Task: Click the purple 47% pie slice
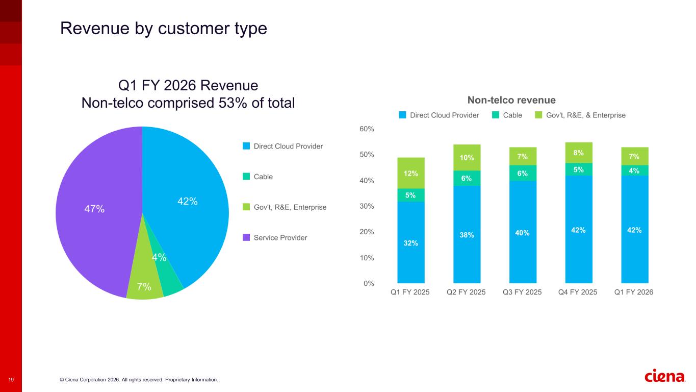(x=94, y=209)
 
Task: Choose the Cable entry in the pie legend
(x=263, y=177)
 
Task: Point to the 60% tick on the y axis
(x=367, y=129)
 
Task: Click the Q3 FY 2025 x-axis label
(x=523, y=292)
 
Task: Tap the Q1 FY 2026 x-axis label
(x=634, y=292)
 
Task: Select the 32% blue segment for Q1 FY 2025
(x=411, y=243)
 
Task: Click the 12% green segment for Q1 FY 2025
(x=411, y=173)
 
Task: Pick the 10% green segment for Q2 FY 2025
(x=467, y=158)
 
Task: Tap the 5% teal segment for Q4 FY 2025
(x=579, y=169)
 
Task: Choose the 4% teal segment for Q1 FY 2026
(x=635, y=170)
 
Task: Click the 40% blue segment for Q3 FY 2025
(x=523, y=233)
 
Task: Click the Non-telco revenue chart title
(x=511, y=100)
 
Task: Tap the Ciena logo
(x=665, y=377)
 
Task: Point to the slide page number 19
(x=11, y=380)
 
